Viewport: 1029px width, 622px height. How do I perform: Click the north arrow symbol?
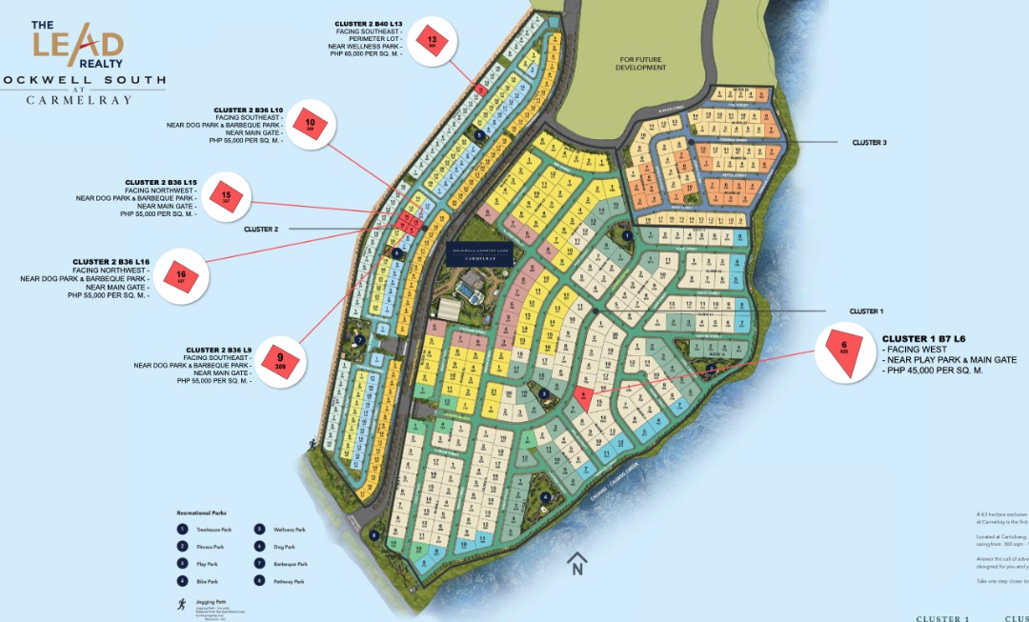coord(575,565)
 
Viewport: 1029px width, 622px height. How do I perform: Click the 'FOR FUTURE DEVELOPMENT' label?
coord(639,64)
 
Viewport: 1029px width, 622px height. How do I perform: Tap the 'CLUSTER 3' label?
coord(869,143)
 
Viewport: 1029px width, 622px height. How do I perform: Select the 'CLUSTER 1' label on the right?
coord(866,311)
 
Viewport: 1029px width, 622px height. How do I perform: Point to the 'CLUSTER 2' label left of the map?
coord(261,230)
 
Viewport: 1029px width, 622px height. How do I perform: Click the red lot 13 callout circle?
coord(434,43)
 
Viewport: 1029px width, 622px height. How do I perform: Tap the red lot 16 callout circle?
coord(181,276)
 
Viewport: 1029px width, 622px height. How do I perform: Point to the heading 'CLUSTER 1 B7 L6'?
coord(924,339)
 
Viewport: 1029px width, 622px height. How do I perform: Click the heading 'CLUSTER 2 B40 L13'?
coord(369,22)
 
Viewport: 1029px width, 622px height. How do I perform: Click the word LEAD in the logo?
coord(78,44)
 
